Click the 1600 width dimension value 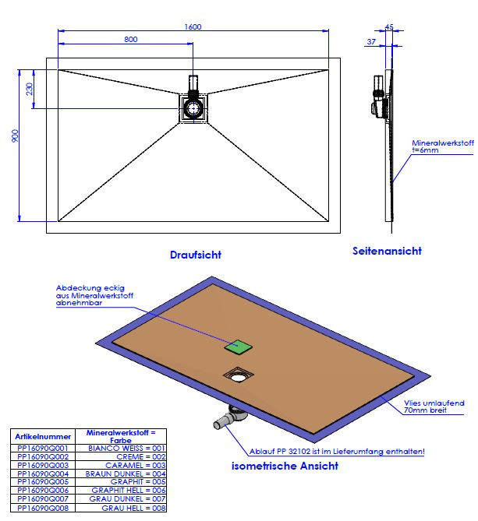coord(193,26)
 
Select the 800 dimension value coord(131,39)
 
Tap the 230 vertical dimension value coord(30,90)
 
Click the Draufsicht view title coord(195,255)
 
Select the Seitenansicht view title coord(387,251)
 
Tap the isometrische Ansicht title coord(285,466)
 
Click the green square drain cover coord(238,345)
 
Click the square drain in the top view coord(193,107)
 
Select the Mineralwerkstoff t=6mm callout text coord(436,146)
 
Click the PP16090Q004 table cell coord(43,473)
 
